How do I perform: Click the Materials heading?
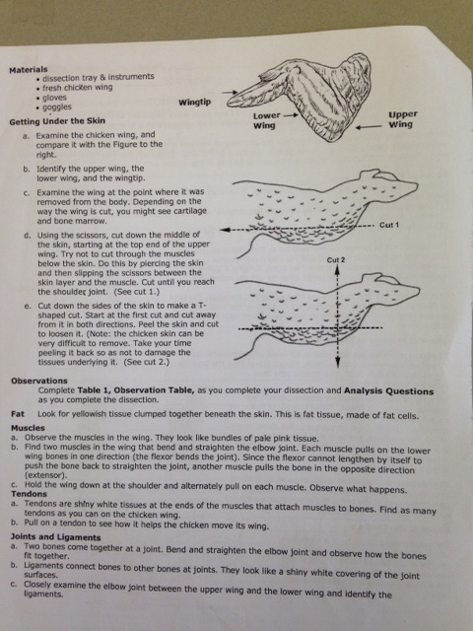coord(29,69)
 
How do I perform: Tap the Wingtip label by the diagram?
coord(195,102)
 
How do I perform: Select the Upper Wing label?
coord(403,119)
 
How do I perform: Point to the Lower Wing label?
coord(267,120)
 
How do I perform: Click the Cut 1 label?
coord(389,225)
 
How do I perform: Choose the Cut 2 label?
coord(336,260)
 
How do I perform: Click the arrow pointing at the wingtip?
coord(230,92)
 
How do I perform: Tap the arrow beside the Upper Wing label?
coord(368,127)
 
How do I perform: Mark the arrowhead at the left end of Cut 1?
coord(225,230)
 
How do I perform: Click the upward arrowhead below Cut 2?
coord(337,269)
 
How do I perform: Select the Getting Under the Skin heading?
coord(57,120)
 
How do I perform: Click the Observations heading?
coord(39,381)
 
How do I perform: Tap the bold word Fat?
coord(18,414)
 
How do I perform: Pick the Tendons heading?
coord(29,494)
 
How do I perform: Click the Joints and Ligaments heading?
coord(55,537)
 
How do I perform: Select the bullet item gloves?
coord(54,98)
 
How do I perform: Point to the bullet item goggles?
coord(57,107)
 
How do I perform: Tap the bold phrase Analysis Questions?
coord(388,391)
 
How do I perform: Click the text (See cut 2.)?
coord(147,362)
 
